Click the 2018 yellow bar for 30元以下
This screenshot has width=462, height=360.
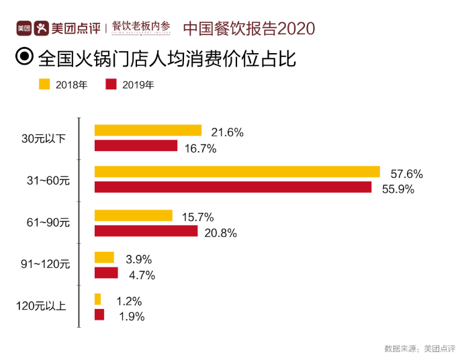pos(148,130)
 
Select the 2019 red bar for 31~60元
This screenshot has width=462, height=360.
pos(233,187)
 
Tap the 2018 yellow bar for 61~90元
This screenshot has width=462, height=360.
pos(133,215)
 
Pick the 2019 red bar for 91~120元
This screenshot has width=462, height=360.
pos(106,273)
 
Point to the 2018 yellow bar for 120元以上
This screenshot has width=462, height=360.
pos(98,299)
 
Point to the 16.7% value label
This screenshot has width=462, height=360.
pos(200,148)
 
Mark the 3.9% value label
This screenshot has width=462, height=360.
pos(140,259)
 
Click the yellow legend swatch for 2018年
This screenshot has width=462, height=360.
pos(45,84)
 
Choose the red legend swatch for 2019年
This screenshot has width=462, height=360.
pos(111,84)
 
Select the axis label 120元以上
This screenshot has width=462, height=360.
pos(41,306)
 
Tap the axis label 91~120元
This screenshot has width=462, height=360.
pos(46,264)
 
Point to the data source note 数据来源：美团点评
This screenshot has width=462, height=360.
pos(418,349)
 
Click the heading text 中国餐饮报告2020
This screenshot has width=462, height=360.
pos(248,29)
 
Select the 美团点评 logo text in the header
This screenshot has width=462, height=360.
pos(76,29)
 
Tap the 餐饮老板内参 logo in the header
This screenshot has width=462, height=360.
pos(140,28)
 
